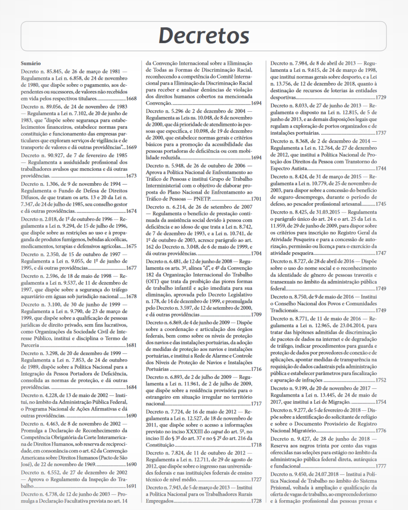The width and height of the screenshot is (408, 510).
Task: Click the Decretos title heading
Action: pos(204,36)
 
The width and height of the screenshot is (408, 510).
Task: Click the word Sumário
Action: pos(31,63)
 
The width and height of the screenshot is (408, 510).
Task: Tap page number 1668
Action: pos(131,99)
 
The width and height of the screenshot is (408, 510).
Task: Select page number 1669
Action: pos(131,147)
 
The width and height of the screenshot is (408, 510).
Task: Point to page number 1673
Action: pos(131,176)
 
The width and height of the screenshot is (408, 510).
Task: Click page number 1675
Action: pos(131,246)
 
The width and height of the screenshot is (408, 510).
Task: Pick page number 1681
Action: pos(131,345)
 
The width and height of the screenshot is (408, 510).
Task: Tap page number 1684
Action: pos(131,387)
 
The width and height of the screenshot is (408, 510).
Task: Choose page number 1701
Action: pos(256,199)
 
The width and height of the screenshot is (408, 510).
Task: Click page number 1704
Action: pos(256,253)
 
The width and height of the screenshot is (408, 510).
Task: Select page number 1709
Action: pos(256,314)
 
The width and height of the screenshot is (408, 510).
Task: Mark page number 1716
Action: pos(256,369)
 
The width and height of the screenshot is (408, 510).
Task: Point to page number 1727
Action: pos(256,479)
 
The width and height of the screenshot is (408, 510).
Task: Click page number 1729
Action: pos(381,97)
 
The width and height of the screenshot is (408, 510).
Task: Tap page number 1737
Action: pos(381,133)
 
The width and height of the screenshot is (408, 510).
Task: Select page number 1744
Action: pos(381,168)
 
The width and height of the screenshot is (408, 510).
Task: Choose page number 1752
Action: pos(381,380)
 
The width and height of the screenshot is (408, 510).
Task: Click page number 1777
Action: pos(381,466)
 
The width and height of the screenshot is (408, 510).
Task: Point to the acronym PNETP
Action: pos(202,199)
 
